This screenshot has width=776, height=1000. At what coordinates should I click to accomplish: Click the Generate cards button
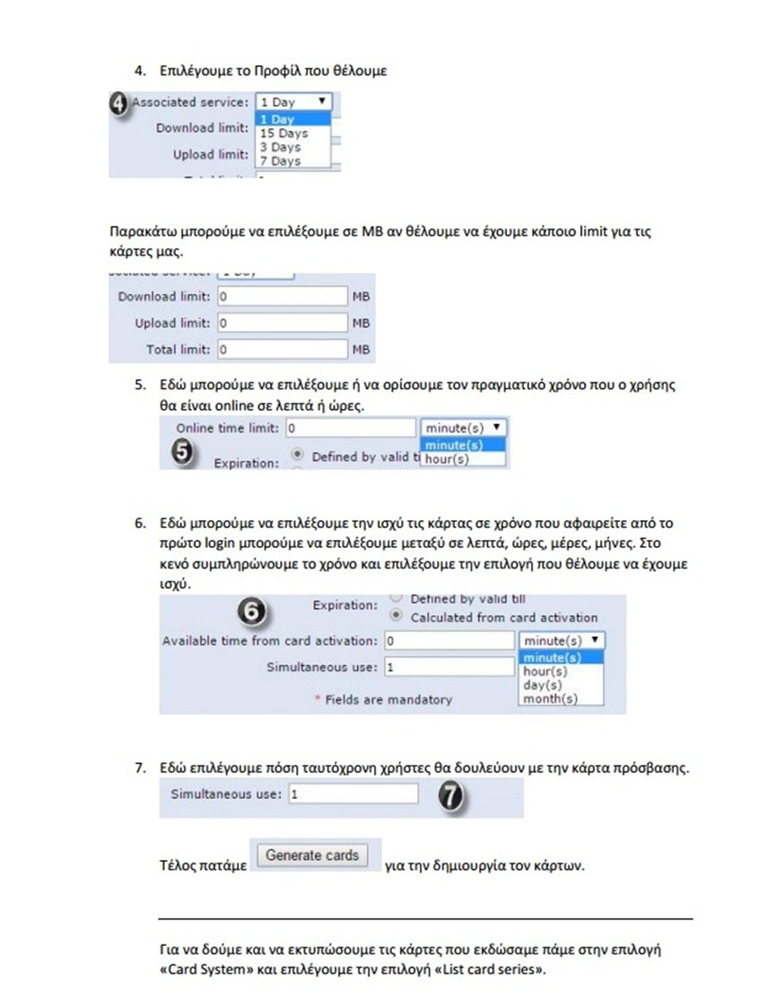[311, 856]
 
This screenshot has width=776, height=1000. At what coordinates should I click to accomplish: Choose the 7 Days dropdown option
[279, 161]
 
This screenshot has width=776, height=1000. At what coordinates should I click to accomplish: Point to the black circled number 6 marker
[255, 612]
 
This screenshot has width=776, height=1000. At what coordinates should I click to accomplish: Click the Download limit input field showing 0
[281, 297]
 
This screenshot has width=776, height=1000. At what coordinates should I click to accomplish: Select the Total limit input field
[281, 349]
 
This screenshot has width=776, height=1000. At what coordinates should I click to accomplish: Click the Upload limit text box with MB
[281, 323]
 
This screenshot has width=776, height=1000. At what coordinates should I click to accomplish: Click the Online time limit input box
[351, 429]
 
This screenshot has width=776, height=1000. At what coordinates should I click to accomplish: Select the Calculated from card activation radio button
[396, 616]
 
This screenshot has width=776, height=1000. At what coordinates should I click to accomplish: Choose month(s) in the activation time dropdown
[550, 699]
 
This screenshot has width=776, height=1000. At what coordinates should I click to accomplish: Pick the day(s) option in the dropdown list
[543, 685]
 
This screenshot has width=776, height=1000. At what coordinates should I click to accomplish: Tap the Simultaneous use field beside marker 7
[353, 795]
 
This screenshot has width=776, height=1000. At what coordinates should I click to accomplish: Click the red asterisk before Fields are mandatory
[317, 700]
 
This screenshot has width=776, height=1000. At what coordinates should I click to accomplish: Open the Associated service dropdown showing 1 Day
[294, 102]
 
